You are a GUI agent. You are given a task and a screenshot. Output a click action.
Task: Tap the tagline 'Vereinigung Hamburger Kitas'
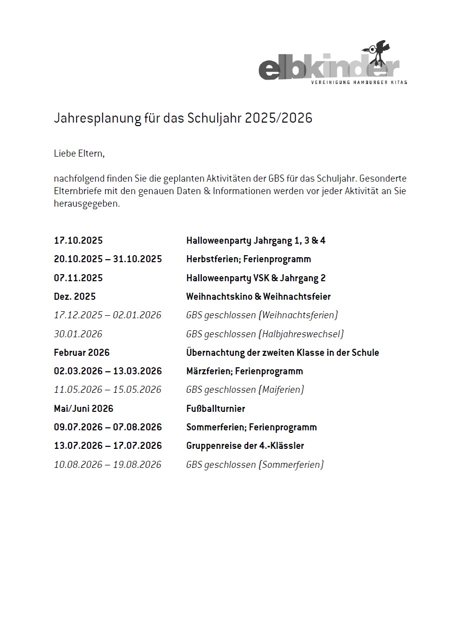[x=359, y=82]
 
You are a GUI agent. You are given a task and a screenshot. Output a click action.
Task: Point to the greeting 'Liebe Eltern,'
[x=79, y=154]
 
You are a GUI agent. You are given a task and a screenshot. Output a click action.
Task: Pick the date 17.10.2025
[x=78, y=241]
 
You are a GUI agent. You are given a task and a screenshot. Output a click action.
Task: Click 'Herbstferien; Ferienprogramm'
[x=248, y=259]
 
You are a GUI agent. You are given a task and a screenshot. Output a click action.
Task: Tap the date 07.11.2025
[x=78, y=278]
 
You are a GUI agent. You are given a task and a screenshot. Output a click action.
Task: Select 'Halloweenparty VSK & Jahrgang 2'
[x=256, y=278]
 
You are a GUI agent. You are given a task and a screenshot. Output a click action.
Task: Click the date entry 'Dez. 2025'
[x=75, y=296]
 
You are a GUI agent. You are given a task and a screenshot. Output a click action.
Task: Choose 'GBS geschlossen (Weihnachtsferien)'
[x=262, y=315]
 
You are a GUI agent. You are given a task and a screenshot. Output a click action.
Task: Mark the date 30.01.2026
[x=78, y=334]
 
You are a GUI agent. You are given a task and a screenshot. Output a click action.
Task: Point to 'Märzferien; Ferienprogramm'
[x=244, y=371]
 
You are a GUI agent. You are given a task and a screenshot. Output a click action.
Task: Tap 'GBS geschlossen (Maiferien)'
[x=245, y=390]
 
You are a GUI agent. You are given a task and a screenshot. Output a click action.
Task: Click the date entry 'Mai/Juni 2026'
[x=84, y=408]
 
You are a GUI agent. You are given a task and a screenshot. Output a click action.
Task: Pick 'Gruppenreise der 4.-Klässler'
[x=245, y=446]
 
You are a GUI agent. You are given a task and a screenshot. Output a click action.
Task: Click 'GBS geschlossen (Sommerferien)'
[x=255, y=464]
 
